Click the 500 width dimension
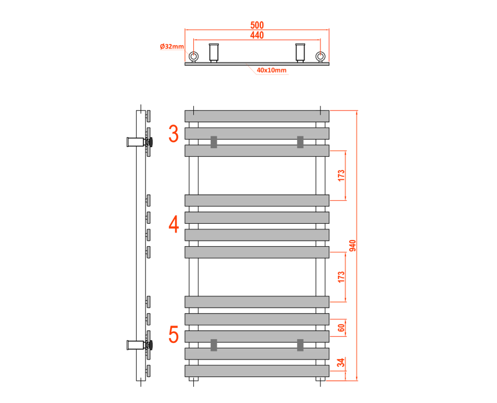(x=257, y=25)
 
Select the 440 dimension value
(x=257, y=35)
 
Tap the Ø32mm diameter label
(x=172, y=46)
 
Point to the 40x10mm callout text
(x=271, y=70)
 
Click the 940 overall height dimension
(x=352, y=246)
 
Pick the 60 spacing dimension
(x=340, y=328)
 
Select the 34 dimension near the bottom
(x=340, y=363)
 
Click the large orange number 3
(x=173, y=133)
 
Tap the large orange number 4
(x=174, y=224)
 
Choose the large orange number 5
(x=173, y=334)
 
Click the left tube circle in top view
(x=194, y=56)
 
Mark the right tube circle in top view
(x=321, y=56)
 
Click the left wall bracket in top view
(x=214, y=53)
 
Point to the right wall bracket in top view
(x=300, y=53)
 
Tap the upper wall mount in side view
(x=140, y=142)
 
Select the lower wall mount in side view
(x=140, y=345)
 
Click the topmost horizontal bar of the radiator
(x=257, y=116)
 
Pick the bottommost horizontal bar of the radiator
(x=257, y=371)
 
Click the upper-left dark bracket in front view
(x=214, y=142)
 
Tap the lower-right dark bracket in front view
(x=300, y=345)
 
